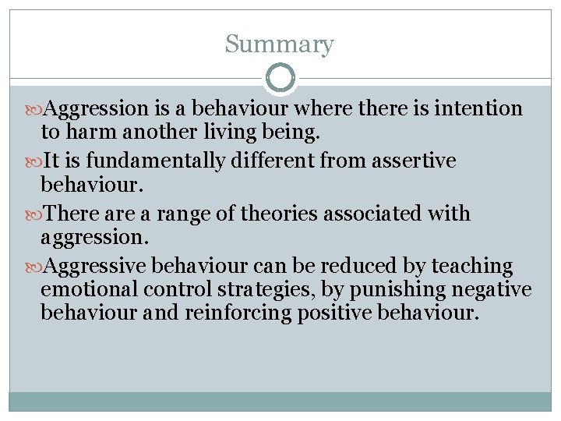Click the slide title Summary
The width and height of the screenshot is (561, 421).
point(279,44)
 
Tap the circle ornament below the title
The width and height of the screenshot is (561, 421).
point(280,78)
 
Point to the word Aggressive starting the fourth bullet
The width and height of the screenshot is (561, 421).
point(97,267)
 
